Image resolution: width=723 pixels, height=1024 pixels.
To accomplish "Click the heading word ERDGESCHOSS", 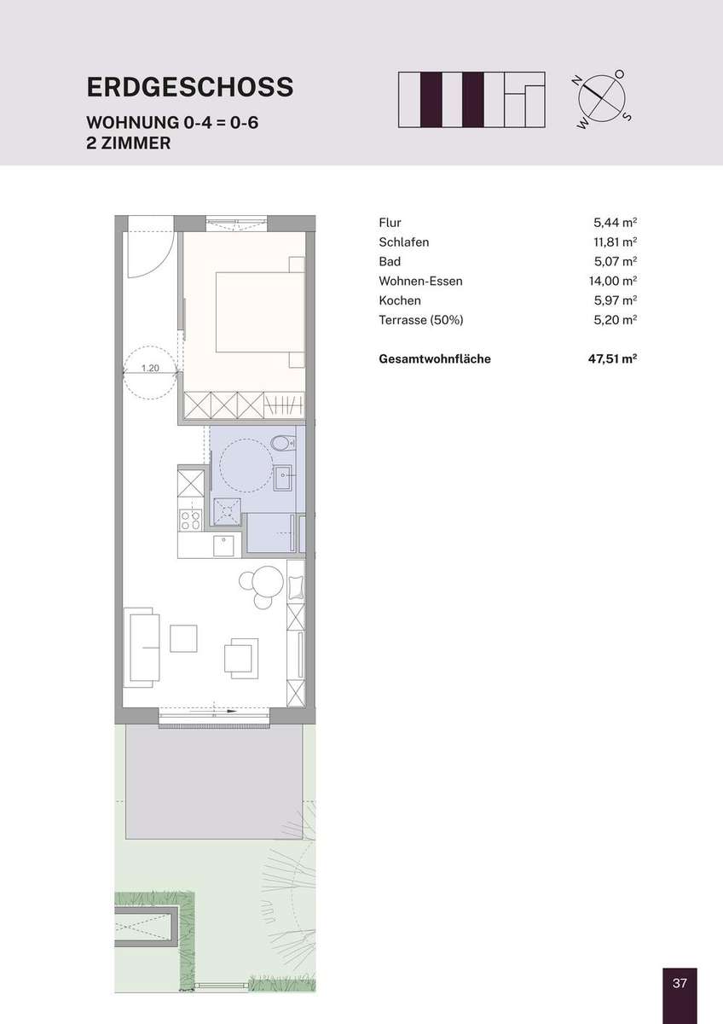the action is point(190,87).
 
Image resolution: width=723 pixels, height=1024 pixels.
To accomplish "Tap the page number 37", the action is point(680,982).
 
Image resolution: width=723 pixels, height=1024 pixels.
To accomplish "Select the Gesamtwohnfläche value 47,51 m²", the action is point(612,359).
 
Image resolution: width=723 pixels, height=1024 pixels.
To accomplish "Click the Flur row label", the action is point(390,223).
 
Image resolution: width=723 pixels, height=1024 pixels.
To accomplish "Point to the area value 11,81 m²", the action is point(616,241).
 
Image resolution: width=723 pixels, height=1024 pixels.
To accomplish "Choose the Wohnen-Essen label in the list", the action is point(420,281).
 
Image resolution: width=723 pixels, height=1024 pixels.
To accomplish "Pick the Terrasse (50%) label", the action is point(421,320).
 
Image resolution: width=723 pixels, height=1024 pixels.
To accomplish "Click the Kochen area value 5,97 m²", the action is point(616,300).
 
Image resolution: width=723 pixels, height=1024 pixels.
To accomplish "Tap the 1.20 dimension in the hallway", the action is point(150,368).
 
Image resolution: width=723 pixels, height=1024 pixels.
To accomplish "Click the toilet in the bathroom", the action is point(283,443).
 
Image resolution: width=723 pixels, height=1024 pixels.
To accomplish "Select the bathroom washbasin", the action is point(284,478).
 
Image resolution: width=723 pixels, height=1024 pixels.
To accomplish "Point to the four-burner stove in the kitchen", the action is point(190,520).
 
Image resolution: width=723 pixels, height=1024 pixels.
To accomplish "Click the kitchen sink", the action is point(223,546).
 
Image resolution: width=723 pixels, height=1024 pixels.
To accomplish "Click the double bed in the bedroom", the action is point(260,312).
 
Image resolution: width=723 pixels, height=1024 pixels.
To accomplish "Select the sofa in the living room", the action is point(142,648).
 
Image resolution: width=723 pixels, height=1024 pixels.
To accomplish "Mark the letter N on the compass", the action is point(577,81).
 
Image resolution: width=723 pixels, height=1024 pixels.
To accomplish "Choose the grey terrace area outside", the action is point(214,783).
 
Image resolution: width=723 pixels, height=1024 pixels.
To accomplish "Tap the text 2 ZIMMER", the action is point(129,143).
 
